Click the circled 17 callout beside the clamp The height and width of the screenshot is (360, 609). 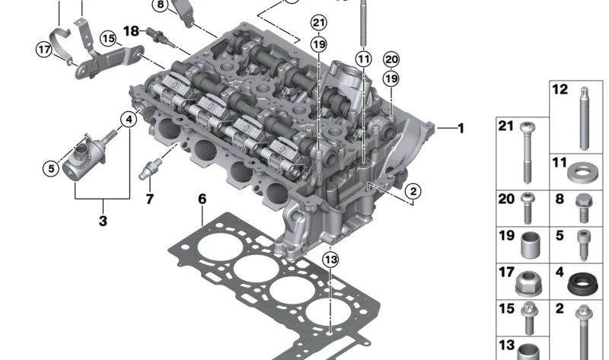(44, 50)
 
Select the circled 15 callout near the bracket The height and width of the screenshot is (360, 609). (108, 37)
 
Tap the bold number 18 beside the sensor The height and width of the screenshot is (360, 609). (131, 31)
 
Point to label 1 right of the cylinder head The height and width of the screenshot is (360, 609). (461, 128)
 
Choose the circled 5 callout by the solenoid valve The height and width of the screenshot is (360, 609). (50, 168)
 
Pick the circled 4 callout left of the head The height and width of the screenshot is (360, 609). (130, 119)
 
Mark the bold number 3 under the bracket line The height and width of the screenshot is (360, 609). (102, 221)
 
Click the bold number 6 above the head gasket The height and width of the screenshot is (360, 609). (202, 199)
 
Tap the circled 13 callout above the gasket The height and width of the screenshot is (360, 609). (329, 260)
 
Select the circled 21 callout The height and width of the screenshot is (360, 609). (318, 24)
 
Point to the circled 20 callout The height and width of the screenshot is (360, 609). (391, 59)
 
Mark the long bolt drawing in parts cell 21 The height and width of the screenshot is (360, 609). (525, 152)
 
